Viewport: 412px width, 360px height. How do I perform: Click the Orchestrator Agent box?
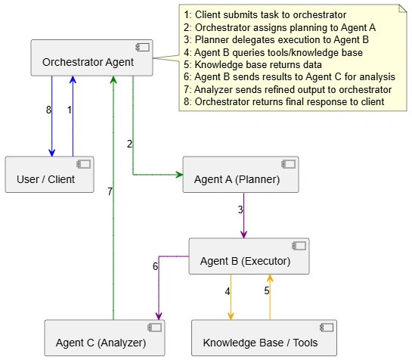pos(91,57)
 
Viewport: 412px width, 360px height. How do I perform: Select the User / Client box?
pos(49,175)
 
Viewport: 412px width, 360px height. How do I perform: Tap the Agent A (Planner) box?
pos(240,175)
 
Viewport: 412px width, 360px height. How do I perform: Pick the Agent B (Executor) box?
pos(249,256)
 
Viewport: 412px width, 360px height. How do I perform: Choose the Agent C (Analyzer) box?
pos(104,338)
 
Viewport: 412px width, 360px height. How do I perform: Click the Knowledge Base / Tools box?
pos(264,338)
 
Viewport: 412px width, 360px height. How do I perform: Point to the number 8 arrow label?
pos(48,110)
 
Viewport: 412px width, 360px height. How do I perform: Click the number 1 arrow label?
pos(70,110)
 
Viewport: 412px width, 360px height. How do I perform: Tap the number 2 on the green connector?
pos(129,144)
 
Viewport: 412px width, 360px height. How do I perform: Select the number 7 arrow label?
pos(110,191)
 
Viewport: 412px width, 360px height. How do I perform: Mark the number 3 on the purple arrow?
pos(240,209)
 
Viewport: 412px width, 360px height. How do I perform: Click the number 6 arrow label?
pos(155,266)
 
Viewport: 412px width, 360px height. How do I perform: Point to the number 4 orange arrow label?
pos(228,291)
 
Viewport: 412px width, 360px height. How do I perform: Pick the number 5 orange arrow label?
pos(267,290)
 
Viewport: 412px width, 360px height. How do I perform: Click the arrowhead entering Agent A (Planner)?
pos(179,175)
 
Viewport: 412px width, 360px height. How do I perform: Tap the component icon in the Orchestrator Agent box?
pos(142,48)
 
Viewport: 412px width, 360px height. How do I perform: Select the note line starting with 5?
pos(252,65)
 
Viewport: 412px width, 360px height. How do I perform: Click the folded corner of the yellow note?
pos(403,8)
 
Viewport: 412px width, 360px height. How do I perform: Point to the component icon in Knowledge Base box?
pos(327,327)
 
